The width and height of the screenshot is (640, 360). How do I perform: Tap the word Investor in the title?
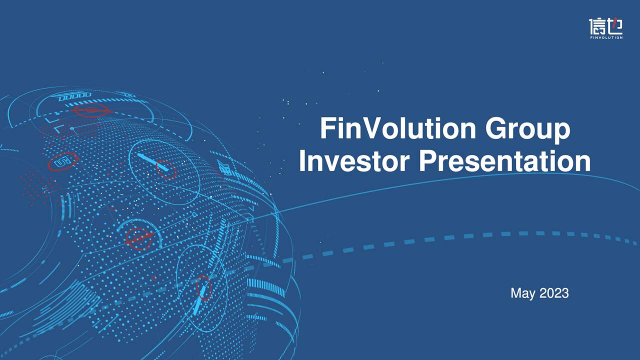tap(354, 161)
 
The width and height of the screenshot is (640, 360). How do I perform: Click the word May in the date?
tap(522, 293)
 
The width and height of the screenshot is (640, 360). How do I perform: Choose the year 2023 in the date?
tap(553, 293)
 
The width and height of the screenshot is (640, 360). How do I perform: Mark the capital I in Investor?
tap(303, 161)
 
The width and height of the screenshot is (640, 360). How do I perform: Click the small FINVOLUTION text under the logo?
tap(606, 37)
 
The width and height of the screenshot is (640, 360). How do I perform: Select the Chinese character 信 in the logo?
tap(597, 26)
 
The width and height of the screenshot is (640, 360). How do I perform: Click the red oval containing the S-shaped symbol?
tap(63, 161)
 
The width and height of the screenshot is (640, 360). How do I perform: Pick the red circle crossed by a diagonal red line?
tap(139, 239)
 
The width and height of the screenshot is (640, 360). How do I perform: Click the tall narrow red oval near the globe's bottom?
tap(203, 287)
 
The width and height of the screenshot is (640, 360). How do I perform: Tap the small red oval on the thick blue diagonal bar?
tap(166, 170)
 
